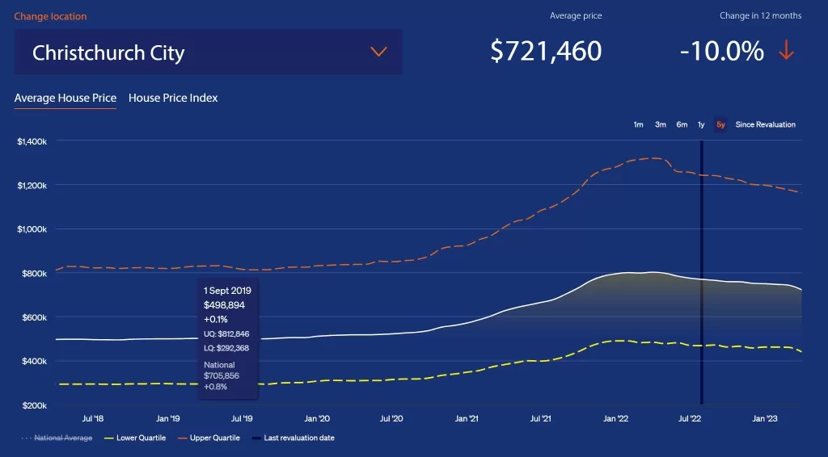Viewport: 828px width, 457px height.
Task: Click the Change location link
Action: (x=50, y=16)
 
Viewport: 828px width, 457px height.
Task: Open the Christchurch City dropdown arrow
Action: (x=378, y=52)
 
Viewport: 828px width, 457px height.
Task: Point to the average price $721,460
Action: (x=546, y=51)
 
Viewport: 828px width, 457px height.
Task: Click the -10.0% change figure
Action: (x=722, y=51)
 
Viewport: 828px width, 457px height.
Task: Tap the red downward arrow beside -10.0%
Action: (x=786, y=50)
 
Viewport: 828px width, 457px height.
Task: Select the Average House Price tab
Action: (x=65, y=98)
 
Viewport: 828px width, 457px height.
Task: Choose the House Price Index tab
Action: (x=173, y=98)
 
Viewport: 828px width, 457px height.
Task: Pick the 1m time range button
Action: (x=639, y=125)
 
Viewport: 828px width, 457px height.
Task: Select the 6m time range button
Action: (x=682, y=125)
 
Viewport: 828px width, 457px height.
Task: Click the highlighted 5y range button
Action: (x=720, y=125)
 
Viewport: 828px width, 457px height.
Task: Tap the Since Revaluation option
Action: (x=765, y=125)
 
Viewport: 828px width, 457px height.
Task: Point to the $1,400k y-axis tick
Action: (x=32, y=141)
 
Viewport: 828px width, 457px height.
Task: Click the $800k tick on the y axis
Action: (x=34, y=274)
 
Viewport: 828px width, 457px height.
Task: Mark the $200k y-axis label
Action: (x=34, y=405)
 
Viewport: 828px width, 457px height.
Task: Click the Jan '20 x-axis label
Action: (x=317, y=418)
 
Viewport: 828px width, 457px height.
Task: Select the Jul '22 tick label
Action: (x=690, y=418)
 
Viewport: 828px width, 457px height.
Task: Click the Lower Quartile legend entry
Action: (x=135, y=438)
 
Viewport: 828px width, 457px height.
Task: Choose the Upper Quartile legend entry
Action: (x=209, y=438)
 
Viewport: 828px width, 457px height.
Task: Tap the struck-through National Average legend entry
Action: (x=57, y=438)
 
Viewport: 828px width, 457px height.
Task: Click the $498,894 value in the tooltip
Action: (x=225, y=305)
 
